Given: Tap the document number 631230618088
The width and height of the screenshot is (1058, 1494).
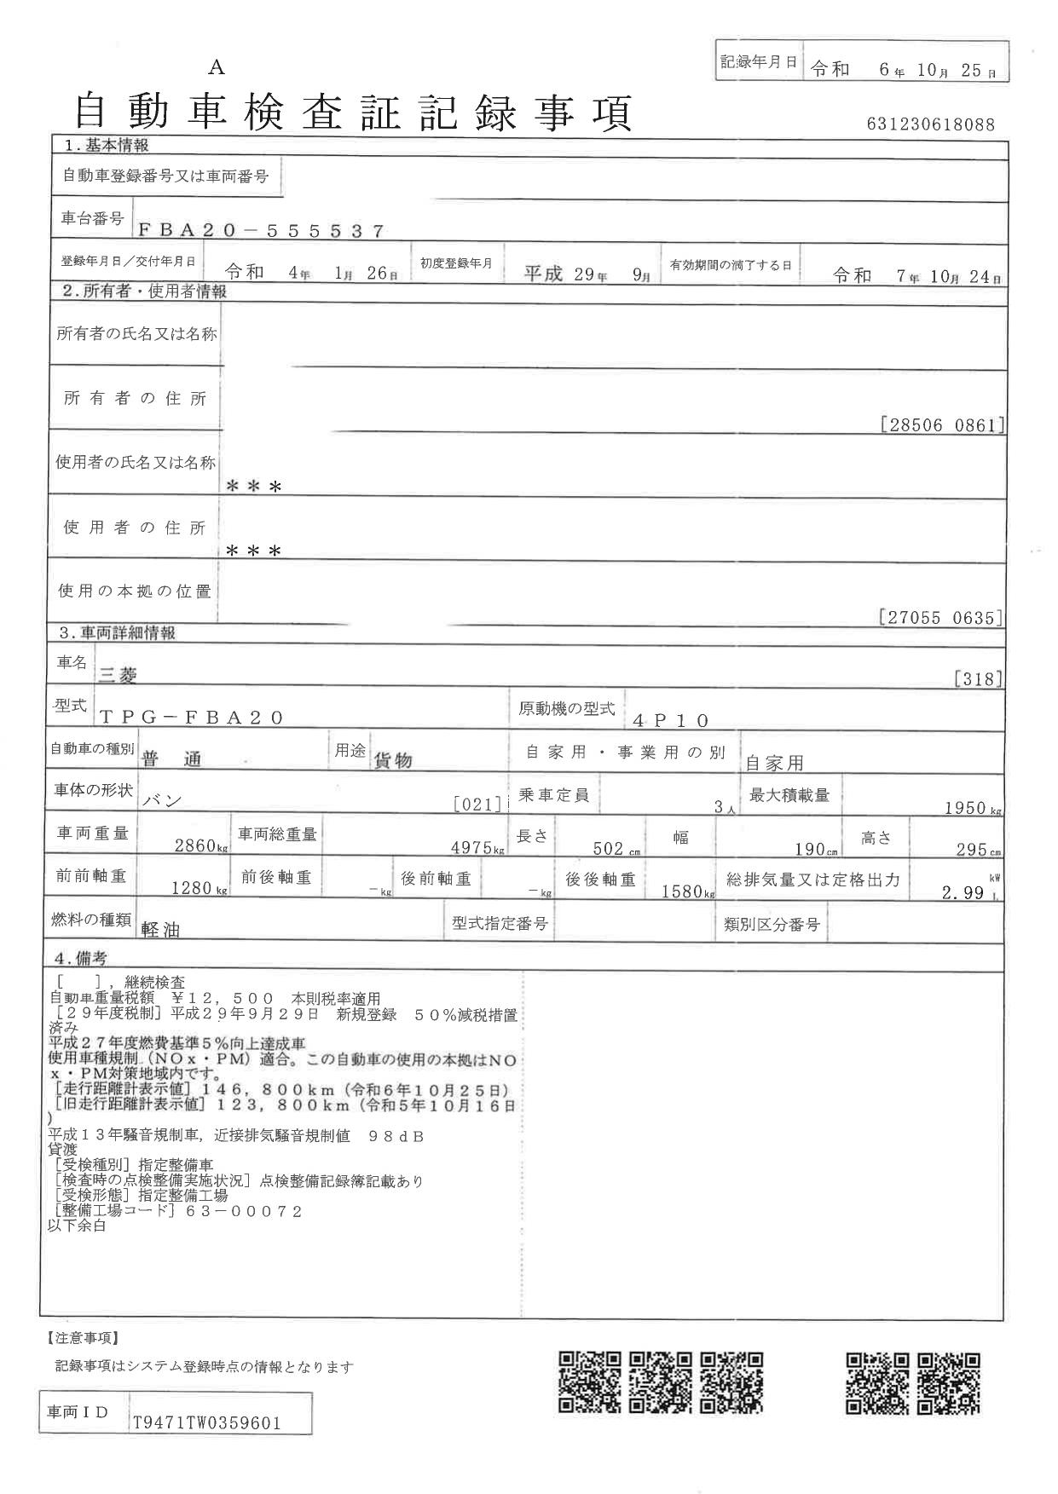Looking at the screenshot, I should (930, 124).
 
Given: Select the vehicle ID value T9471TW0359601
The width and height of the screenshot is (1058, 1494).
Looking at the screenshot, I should (207, 1423).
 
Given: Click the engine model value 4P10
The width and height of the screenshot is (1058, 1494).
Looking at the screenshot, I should (672, 720).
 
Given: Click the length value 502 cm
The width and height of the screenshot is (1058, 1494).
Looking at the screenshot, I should (610, 849).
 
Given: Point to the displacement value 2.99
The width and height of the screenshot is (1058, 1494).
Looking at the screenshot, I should (963, 892).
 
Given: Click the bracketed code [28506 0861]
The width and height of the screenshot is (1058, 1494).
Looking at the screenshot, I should (941, 424).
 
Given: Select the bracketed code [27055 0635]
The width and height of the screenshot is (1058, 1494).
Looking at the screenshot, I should (939, 618).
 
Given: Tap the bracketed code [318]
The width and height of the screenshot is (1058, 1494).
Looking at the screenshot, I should (978, 679).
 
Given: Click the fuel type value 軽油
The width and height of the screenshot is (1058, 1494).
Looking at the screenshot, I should (160, 930).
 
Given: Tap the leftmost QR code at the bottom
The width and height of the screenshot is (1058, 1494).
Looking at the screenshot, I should (589, 1383).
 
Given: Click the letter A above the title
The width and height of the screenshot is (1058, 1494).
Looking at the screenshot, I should (217, 68).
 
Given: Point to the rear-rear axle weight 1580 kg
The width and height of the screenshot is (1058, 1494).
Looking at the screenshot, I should (685, 891).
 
